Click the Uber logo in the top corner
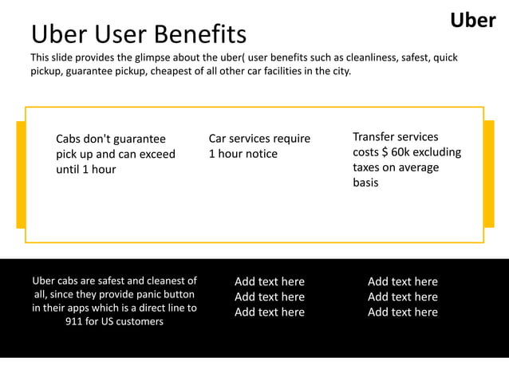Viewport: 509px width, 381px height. tap(472, 20)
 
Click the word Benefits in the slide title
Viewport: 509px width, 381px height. tap(200, 35)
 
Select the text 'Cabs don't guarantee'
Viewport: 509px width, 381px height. tap(111, 139)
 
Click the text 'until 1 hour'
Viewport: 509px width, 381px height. tap(85, 169)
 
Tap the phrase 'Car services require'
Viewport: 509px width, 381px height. tap(259, 139)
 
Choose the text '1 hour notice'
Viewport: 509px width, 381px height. tap(243, 154)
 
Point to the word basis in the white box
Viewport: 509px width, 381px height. tap(365, 183)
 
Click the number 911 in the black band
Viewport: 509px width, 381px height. tap(76, 321)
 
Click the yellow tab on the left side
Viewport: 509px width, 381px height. tap(21, 175)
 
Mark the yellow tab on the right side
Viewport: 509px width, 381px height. tap(488, 175)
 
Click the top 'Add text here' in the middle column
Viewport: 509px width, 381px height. tap(270, 281)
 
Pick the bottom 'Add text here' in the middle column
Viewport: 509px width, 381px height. tap(270, 312)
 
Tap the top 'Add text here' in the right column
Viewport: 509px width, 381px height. tap(402, 281)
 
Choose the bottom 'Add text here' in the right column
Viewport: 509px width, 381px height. tap(402, 312)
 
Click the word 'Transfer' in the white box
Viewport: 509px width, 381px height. tap(373, 137)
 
